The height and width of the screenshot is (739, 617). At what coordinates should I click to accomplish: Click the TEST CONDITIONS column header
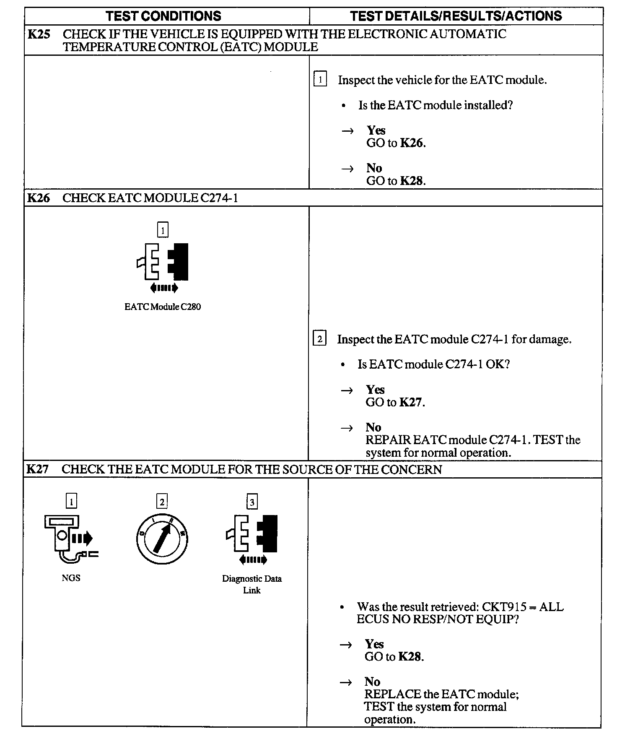point(163,16)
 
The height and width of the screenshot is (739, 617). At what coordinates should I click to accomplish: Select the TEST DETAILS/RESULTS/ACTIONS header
point(456,16)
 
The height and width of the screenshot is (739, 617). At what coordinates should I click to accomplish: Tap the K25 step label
point(39,34)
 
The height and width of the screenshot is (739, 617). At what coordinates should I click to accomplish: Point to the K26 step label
point(38,198)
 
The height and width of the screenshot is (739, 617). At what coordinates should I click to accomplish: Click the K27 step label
point(37,469)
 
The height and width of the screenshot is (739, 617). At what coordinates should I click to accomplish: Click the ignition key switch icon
point(162,539)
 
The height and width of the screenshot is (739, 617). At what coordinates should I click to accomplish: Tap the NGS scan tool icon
point(70,539)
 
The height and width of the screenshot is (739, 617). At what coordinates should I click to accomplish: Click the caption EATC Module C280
point(163,307)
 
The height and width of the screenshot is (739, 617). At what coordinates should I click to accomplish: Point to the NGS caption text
point(71,578)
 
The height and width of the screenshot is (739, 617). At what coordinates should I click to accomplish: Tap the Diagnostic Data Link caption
point(251,584)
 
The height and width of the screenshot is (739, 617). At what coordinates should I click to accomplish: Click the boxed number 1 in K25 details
point(320,79)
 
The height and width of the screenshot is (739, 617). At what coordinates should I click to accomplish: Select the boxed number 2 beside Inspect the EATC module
point(319,338)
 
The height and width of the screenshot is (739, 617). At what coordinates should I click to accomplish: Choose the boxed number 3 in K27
point(252,502)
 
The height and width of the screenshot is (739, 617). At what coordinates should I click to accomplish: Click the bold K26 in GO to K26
point(412,143)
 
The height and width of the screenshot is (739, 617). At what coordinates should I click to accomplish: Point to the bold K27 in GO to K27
point(411,402)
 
